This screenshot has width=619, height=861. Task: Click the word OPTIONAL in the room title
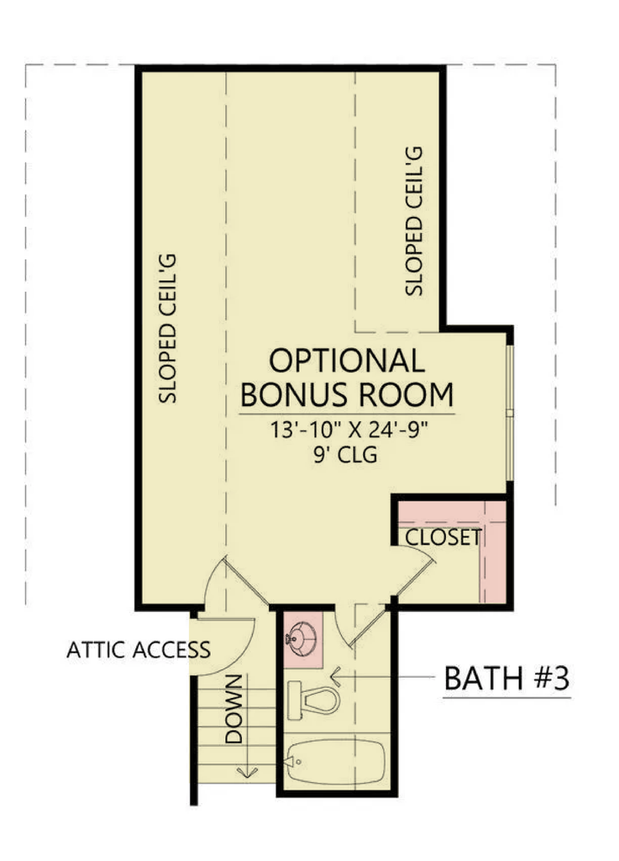(x=347, y=361)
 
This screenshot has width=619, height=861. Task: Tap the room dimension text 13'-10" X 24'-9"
(x=349, y=430)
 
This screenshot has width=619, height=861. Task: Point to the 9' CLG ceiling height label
(x=345, y=455)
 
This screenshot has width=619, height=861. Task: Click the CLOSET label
(x=443, y=537)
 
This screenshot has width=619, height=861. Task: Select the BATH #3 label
(x=506, y=679)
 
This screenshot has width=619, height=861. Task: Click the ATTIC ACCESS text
(x=139, y=650)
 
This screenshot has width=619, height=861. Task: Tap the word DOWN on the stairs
(x=233, y=709)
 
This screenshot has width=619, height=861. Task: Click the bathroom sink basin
(x=301, y=639)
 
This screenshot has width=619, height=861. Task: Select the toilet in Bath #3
(x=313, y=700)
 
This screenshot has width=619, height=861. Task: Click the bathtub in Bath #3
(x=335, y=762)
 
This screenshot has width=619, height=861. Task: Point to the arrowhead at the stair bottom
(x=247, y=772)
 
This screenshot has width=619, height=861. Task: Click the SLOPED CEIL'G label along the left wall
(x=168, y=329)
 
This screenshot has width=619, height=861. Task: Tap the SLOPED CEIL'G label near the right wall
(x=414, y=221)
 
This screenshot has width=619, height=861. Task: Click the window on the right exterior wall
(x=509, y=413)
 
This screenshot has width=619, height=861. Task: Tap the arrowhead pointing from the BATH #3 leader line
(x=335, y=677)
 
